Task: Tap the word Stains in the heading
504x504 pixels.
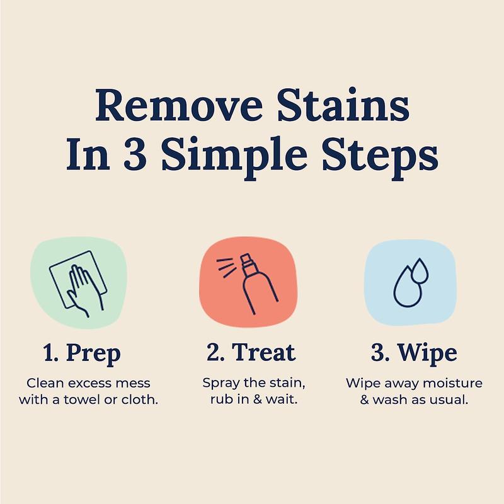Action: tap(345, 106)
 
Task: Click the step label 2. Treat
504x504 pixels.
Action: tap(251, 353)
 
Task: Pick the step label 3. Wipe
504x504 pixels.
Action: tap(414, 353)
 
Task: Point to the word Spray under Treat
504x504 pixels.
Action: tap(219, 383)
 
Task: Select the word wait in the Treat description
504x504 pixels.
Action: tap(280, 399)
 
